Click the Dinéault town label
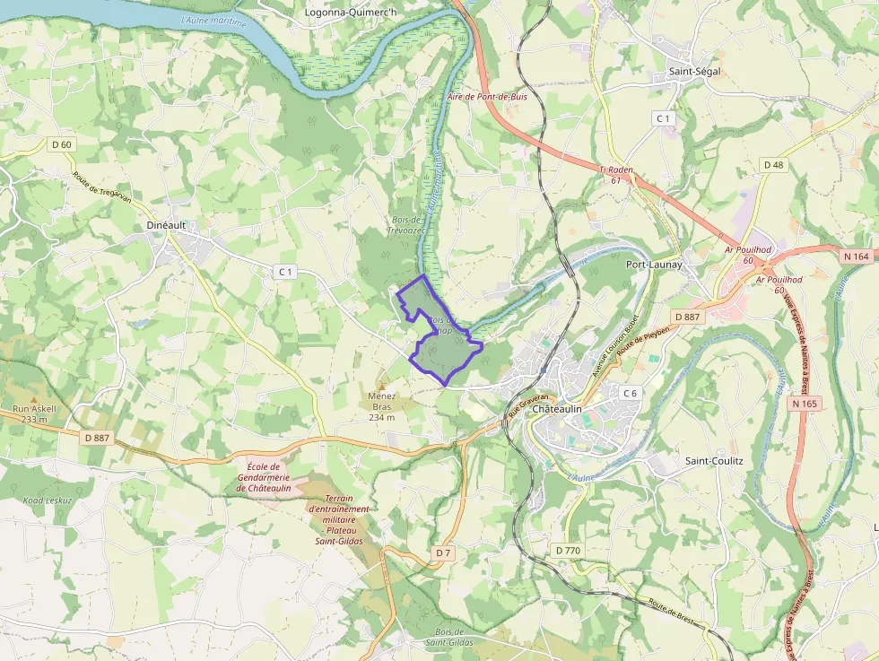click(x=165, y=226)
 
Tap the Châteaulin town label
click(x=557, y=409)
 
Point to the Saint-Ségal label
click(x=694, y=71)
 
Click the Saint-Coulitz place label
click(x=714, y=461)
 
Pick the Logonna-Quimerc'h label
click(x=351, y=13)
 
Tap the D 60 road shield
click(x=62, y=144)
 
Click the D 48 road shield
click(x=772, y=165)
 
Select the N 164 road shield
click(x=857, y=257)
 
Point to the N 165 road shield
click(x=805, y=404)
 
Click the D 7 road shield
click(x=443, y=553)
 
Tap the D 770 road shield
click(x=569, y=550)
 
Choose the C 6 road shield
click(x=630, y=393)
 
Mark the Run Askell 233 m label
click(x=34, y=413)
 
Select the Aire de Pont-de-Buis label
click(x=488, y=96)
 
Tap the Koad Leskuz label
click(x=47, y=501)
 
